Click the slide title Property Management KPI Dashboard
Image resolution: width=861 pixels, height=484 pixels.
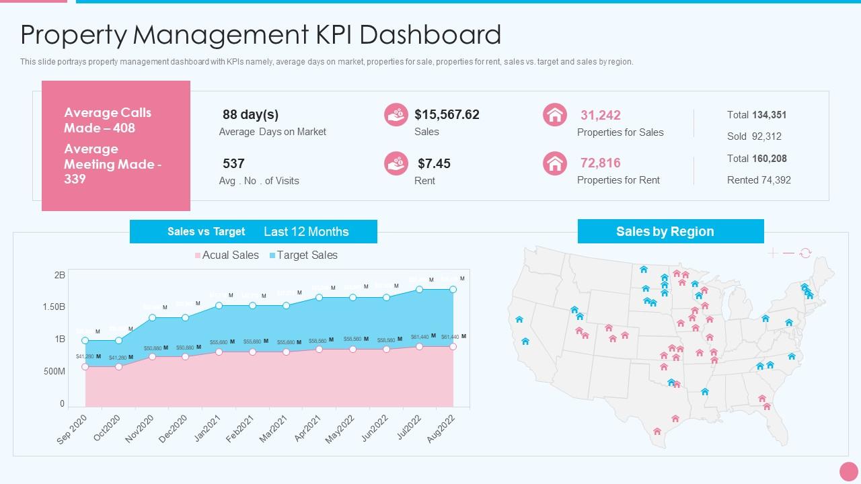pos(260,35)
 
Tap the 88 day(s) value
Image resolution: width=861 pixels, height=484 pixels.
pos(250,115)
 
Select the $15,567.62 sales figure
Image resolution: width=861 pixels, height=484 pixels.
pos(447,115)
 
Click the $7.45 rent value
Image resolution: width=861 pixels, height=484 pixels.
pos(434,163)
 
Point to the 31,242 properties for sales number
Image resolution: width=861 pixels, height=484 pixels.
pos(600,116)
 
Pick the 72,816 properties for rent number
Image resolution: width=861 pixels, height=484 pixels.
pos(600,163)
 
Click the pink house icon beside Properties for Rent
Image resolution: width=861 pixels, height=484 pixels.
pos(554,163)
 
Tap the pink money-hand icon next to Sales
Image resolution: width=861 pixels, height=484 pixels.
pos(396,114)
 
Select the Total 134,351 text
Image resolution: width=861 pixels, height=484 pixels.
pos(756,115)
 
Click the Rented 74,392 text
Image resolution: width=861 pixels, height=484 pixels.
pos(759,180)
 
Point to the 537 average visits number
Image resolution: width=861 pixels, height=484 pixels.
pos(233,163)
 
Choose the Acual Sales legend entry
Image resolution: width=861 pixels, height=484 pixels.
pos(227,255)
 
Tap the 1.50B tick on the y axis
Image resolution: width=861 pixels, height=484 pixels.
pos(54,307)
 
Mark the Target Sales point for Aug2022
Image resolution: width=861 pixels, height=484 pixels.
pos(453,289)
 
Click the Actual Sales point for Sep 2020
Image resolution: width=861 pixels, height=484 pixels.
pos(85,366)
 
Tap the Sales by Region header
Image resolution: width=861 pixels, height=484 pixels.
pos(670,231)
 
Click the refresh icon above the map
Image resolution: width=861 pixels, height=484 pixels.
pos(805,253)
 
